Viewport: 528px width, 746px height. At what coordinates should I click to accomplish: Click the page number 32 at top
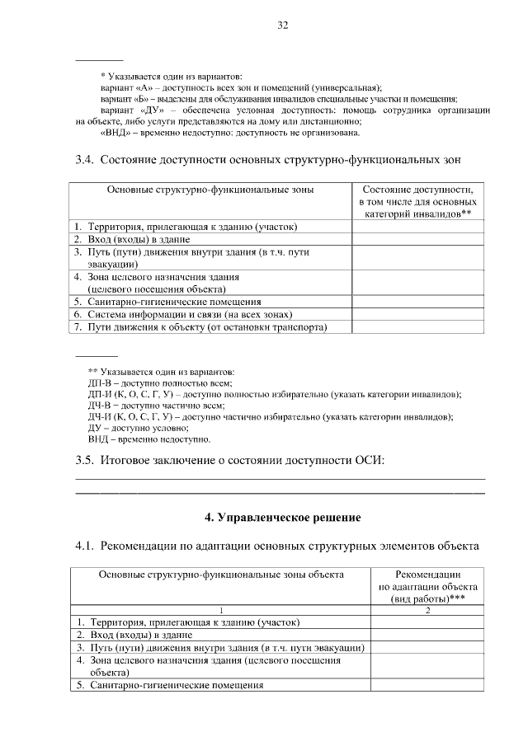(281, 26)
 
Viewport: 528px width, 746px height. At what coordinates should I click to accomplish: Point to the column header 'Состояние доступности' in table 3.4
(417, 190)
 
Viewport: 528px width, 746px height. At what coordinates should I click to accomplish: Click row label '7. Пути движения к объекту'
(198, 327)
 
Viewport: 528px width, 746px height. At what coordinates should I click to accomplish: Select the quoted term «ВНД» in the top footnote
(115, 132)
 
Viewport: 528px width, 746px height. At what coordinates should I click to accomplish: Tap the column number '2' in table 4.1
(427, 609)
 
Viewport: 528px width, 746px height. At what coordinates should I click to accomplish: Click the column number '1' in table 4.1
(220, 609)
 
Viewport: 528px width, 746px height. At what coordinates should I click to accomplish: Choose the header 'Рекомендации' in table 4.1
(427, 575)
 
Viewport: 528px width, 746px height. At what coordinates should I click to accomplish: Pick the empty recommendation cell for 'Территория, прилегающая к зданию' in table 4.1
(427, 622)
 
